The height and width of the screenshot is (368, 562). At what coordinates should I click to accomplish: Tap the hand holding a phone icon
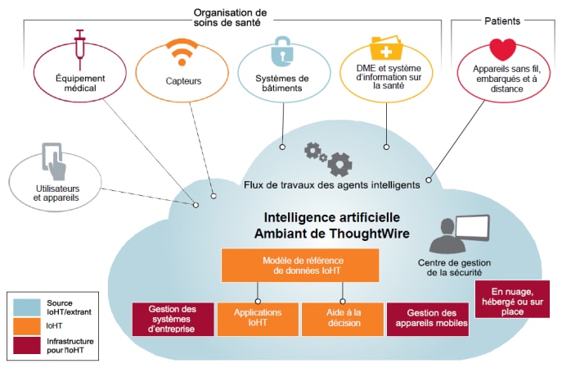click(55, 161)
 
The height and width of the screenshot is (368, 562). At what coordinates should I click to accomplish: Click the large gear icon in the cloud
click(339, 164)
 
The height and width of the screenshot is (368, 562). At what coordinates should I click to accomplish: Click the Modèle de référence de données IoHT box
click(300, 265)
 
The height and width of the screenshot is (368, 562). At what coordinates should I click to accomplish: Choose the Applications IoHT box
click(258, 319)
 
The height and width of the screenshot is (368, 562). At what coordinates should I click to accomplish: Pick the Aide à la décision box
click(342, 319)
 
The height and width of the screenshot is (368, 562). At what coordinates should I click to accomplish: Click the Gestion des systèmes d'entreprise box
click(173, 319)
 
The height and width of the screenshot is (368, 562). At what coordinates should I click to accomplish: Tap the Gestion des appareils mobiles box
click(427, 319)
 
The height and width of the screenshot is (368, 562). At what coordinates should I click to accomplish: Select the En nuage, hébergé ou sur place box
click(512, 299)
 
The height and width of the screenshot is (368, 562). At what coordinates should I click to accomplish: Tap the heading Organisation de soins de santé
click(231, 17)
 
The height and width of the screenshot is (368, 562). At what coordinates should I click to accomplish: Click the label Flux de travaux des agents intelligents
click(331, 185)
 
